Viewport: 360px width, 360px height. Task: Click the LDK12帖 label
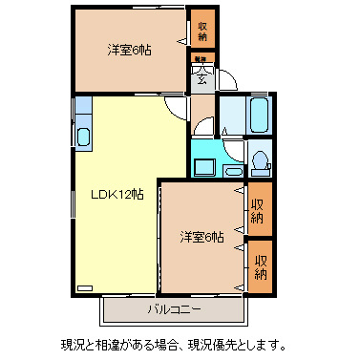point(117,194)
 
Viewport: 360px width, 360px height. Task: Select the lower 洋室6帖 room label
point(201,236)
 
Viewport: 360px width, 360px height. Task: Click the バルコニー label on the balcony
point(175,310)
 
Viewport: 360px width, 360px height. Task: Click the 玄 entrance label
point(202,80)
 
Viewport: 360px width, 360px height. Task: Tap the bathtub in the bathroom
point(259,116)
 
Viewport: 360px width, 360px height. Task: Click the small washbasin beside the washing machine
point(234,171)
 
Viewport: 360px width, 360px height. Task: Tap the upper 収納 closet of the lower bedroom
point(258,211)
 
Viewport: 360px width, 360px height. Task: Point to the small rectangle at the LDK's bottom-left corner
point(85,287)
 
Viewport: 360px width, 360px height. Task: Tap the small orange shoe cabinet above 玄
point(201,59)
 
